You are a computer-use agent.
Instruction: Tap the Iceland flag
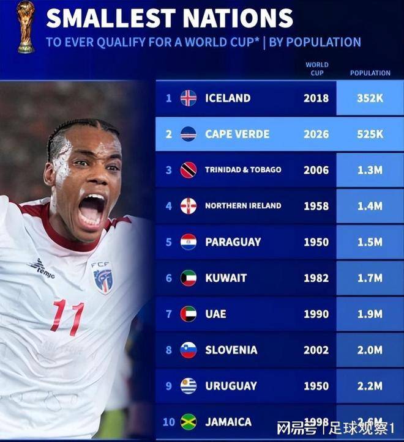pos(189,98)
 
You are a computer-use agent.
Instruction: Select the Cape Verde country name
pos(237,134)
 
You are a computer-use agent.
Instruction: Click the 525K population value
pos(370,134)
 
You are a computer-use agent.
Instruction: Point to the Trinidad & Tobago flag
pos(189,169)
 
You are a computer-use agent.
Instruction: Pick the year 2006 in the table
pos(316,170)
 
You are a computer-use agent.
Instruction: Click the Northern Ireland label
pos(243,205)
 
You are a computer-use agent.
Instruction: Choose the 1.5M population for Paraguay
pos(370,242)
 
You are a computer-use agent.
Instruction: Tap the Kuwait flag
pos(189,278)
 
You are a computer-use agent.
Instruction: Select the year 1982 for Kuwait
pos(316,278)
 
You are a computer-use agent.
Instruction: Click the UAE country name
pos(215,314)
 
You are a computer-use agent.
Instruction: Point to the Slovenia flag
pos(189,350)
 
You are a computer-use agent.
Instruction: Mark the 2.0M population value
pos(370,350)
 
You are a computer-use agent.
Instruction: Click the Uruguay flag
pos(189,386)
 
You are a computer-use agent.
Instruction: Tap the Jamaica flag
pos(189,422)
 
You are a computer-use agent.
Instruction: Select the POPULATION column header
pos(370,73)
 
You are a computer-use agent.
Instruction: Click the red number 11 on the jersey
pos(68,317)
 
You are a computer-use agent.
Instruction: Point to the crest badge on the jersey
pos(102,279)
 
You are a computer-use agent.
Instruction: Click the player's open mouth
pos(92,210)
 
